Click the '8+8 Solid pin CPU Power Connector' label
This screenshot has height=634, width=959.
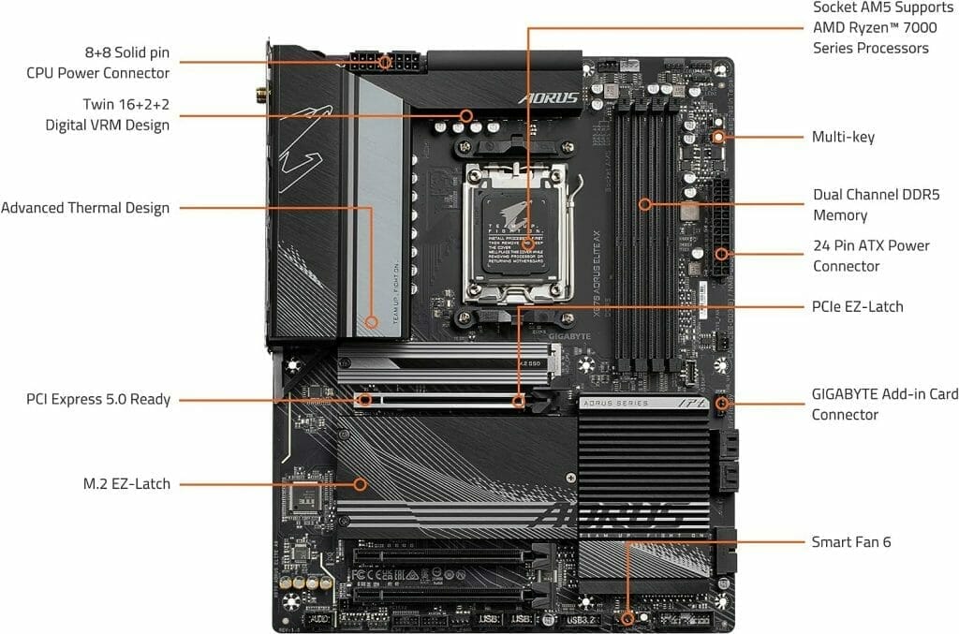(98, 62)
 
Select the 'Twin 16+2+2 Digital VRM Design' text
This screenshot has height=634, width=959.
(107, 114)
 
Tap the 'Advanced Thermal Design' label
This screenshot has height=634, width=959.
(85, 208)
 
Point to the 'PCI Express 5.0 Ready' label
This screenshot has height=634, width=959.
(98, 400)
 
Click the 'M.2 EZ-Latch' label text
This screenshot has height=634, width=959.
(126, 484)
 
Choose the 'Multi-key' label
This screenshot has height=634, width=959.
(843, 137)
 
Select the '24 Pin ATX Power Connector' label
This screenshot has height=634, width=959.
(871, 256)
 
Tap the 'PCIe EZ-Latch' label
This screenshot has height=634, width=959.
(857, 306)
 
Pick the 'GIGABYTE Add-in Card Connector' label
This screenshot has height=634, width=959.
(884, 405)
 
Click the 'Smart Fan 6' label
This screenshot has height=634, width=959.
(851, 541)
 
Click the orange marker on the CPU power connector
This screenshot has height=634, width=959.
(385, 63)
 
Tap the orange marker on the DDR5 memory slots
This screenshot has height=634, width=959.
(644, 203)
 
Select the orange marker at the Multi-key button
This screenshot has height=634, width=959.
(718, 137)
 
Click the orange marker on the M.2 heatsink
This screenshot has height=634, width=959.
(360, 484)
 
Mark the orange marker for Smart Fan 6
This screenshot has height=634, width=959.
(627, 618)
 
